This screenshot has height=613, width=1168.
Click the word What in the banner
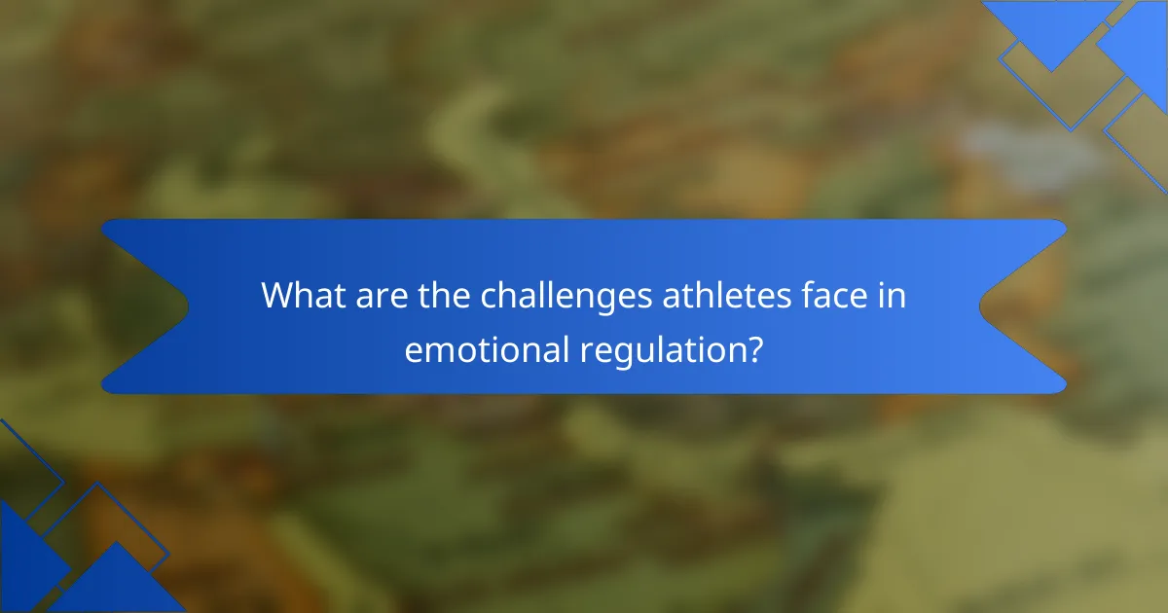tap(303, 295)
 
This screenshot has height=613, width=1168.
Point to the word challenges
tap(566, 297)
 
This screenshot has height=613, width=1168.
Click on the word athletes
tap(726, 295)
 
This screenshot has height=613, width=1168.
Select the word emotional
tap(487, 349)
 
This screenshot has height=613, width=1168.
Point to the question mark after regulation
tap(754, 349)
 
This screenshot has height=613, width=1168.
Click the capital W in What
tap(279, 295)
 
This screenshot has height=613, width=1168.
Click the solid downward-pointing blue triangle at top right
tap(1052, 25)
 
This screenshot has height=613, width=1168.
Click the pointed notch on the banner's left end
tap(188, 306)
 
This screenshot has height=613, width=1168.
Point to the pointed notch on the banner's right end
tap(980, 306)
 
